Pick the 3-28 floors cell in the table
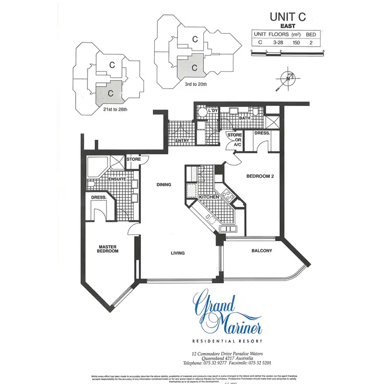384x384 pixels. pos(279,42)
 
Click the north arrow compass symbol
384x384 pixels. pos(288,78)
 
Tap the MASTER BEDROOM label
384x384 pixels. pos(108,249)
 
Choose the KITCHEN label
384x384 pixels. pos(209,197)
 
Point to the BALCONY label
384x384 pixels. pos(262,251)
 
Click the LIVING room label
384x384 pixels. pos(178,253)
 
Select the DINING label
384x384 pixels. pos(164,184)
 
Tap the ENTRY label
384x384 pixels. pos(182,140)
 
